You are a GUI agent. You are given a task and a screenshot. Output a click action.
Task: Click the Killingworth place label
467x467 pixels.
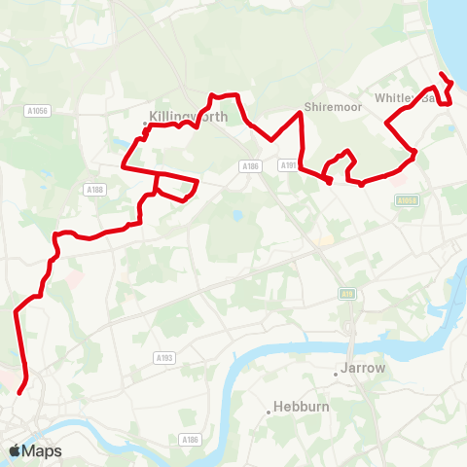190,116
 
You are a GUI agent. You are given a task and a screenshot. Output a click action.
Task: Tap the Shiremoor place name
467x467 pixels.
325,106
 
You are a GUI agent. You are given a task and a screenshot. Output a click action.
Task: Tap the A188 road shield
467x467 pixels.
94,190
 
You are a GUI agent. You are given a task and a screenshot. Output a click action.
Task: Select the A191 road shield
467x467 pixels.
289,165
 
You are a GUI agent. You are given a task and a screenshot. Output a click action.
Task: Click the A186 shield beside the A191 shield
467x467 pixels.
250,166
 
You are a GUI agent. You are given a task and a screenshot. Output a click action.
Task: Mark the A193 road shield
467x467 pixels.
164,358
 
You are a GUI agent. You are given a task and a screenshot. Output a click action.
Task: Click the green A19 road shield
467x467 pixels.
346,293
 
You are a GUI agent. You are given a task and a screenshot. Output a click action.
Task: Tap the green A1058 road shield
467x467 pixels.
408,200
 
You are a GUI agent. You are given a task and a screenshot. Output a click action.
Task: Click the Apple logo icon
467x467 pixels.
15,450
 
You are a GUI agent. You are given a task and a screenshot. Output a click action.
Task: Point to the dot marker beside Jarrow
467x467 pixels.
336,371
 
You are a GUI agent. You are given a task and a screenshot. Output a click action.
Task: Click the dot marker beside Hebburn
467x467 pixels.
269,412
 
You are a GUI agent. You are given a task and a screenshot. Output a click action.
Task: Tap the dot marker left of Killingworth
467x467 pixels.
145,124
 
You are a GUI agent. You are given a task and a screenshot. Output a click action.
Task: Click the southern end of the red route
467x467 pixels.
18,392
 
